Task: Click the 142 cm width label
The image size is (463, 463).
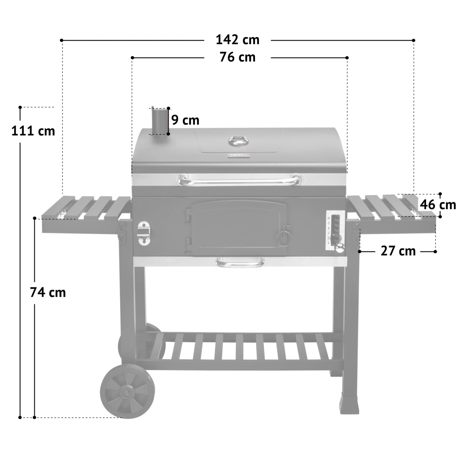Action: point(237,40)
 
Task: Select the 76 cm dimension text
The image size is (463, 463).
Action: point(237,57)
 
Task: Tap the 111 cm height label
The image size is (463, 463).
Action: point(33,131)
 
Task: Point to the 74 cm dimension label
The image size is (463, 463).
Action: point(48,292)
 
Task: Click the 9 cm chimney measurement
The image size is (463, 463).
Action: point(185,120)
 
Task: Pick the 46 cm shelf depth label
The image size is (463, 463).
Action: point(438,205)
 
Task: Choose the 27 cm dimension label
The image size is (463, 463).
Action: point(398,251)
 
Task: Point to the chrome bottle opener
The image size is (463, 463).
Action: point(143,233)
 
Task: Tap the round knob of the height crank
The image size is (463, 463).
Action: point(340,248)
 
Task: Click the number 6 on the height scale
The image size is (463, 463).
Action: point(329,218)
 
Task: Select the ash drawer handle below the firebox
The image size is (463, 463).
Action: point(240,263)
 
